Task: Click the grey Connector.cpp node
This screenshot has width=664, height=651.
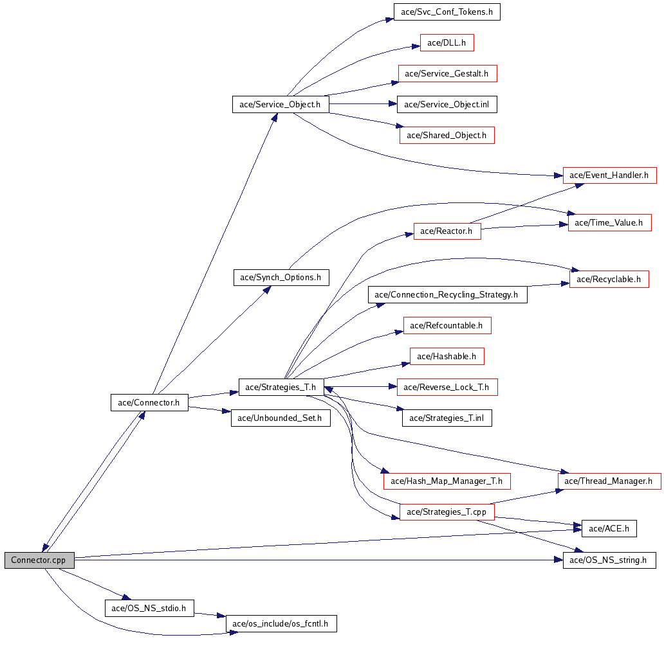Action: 39,560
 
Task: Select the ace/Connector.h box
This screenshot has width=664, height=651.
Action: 149,403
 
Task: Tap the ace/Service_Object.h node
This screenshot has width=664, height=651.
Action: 281,105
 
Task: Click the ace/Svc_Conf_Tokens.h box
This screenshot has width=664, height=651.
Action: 447,12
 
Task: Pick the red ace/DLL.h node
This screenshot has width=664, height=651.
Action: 447,43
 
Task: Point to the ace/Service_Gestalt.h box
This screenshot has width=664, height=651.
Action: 447,74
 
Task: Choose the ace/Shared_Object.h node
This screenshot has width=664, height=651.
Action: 447,136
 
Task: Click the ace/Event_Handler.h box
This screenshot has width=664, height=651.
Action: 609,175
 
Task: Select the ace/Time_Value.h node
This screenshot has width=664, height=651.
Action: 609,222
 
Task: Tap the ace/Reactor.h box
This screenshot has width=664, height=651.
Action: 447,231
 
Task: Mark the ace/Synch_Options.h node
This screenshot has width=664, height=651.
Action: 281,278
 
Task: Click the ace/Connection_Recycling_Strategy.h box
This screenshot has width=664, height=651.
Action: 447,295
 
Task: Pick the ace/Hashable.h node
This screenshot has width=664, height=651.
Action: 447,356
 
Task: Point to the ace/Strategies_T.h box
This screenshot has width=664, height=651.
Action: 281,387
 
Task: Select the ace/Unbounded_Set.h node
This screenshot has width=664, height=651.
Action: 281,418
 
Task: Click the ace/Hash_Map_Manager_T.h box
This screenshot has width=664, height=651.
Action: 447,481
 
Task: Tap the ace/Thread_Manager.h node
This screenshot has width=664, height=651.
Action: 609,481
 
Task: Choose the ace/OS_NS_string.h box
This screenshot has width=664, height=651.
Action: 609,560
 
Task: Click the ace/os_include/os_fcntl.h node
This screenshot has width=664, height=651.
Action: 281,623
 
